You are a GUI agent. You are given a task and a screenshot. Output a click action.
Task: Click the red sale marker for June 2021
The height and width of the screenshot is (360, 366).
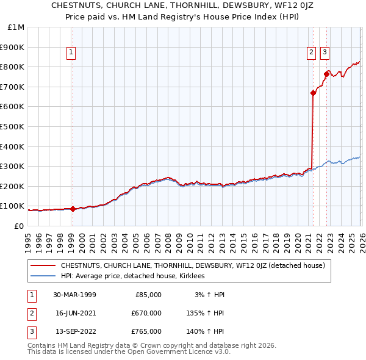[313, 93]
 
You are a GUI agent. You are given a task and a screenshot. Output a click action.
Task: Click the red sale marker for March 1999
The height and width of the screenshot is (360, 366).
[73, 209]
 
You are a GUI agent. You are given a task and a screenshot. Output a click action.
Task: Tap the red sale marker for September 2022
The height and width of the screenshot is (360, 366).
[326, 74]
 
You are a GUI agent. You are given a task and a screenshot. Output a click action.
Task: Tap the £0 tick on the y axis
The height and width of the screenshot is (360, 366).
[18, 226]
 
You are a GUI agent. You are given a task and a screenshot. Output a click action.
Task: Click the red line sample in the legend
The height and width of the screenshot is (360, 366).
[43, 265]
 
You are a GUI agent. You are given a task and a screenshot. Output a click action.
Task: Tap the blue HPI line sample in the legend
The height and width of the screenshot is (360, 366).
[43, 276]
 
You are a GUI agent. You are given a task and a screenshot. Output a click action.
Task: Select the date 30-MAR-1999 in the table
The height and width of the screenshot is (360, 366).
[74, 294]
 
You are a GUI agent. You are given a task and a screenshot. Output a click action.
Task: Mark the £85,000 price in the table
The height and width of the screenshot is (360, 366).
[148, 294]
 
